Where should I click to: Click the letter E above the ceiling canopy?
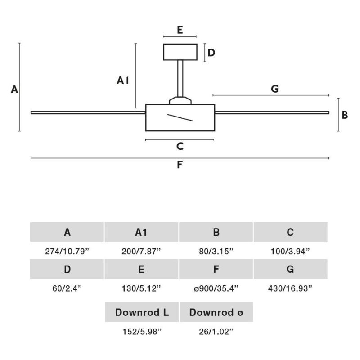180,30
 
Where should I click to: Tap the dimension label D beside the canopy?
211,53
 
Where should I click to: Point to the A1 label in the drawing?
123,81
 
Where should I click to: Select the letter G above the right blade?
275,89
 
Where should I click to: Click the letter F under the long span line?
180,165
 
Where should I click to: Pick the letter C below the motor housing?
180,146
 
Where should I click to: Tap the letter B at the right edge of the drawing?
345,115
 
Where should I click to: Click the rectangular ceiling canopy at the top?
180,52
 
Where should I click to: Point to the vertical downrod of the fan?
180,78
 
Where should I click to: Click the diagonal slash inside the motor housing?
180,117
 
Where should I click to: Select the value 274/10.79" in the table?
67,252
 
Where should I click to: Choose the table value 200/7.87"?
141,252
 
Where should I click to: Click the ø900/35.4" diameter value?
216,288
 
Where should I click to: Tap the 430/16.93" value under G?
290,288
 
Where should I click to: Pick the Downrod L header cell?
142,312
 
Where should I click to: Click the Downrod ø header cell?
216,312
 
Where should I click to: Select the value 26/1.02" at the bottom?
216,332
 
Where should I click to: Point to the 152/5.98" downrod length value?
142,332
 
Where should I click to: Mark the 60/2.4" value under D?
67,288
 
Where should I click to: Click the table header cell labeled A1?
141,232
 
